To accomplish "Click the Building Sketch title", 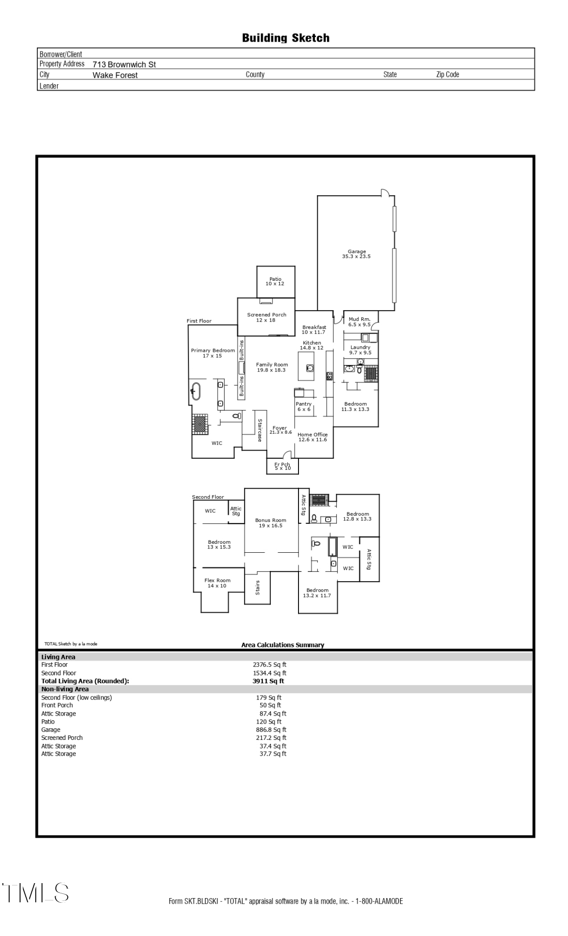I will [285, 38].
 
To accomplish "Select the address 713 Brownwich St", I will [124, 65].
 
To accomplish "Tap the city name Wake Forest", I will [115, 75].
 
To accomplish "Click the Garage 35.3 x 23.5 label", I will [357, 254].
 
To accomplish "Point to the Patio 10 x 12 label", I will [275, 281].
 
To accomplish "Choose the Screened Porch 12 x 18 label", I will [266, 317].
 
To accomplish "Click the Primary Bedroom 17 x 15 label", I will [212, 353].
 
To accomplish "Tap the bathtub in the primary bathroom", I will [196, 391].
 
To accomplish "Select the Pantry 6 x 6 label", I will [304, 406].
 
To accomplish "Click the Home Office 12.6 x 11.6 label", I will [313, 437].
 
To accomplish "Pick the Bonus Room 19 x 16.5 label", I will [270, 523].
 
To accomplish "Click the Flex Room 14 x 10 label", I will [217, 583].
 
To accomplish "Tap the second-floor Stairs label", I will [257, 588].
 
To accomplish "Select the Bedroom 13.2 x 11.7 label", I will [317, 593].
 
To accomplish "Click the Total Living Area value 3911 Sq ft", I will [268, 681].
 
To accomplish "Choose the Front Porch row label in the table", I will [57, 705].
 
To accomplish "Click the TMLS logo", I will [35, 893].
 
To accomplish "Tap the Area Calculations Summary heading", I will [283, 645].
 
